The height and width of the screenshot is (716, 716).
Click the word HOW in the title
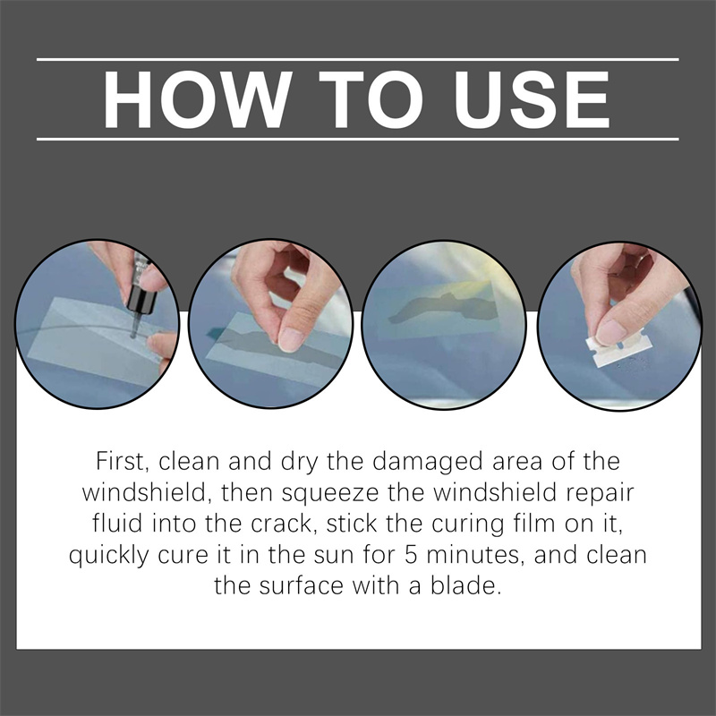pyautogui.click(x=197, y=99)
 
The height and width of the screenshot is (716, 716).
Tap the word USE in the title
pyautogui.click(x=532, y=99)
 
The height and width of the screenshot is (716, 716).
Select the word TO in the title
pyautogui.click(x=371, y=99)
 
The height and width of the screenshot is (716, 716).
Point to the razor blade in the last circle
pyautogui.click(x=618, y=350)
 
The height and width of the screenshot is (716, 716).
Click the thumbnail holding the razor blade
pyautogui.click(x=610, y=332)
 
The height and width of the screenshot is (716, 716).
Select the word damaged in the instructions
pyautogui.click(x=428, y=462)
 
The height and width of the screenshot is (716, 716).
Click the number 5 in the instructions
pyautogui.click(x=411, y=555)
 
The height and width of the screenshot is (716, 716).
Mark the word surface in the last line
pyautogui.click(x=301, y=586)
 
